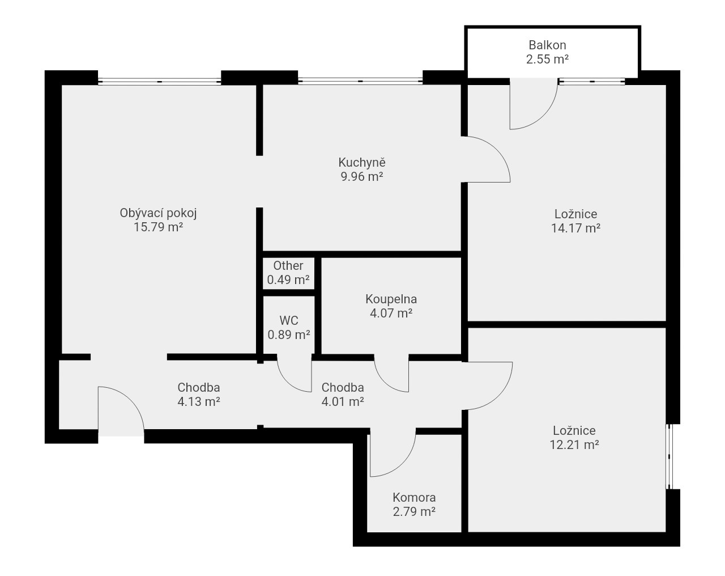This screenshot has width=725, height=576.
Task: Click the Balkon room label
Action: click(x=547, y=45)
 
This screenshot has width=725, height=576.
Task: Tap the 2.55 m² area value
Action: click(x=548, y=60)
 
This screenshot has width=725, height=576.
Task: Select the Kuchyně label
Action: click(x=362, y=162)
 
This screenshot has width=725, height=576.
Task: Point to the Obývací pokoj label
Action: click(x=159, y=213)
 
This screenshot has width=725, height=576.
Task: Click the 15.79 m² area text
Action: click(x=159, y=227)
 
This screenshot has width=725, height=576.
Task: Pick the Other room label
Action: click(x=288, y=266)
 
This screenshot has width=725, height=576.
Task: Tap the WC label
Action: click(x=289, y=320)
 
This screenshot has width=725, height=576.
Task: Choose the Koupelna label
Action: click(x=391, y=299)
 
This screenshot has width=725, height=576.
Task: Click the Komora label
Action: click(x=414, y=497)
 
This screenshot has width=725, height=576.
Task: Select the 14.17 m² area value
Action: click(x=576, y=228)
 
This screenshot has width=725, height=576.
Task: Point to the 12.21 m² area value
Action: click(x=574, y=445)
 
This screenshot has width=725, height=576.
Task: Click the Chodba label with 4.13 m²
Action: click(x=199, y=387)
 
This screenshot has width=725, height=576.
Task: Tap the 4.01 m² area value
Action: click(x=343, y=401)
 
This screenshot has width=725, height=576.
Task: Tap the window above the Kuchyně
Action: click(x=360, y=81)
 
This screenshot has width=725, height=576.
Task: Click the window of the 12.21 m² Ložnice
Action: click(x=669, y=456)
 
